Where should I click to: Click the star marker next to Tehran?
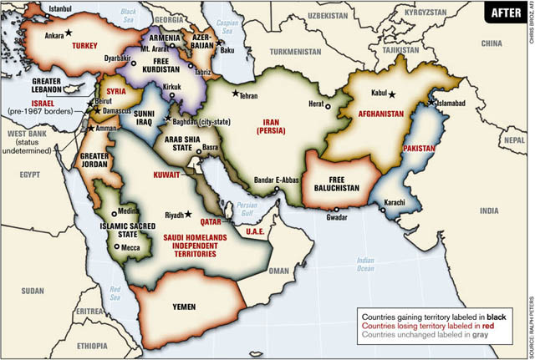236,93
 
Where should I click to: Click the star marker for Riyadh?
190,215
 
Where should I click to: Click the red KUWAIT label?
179,179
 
